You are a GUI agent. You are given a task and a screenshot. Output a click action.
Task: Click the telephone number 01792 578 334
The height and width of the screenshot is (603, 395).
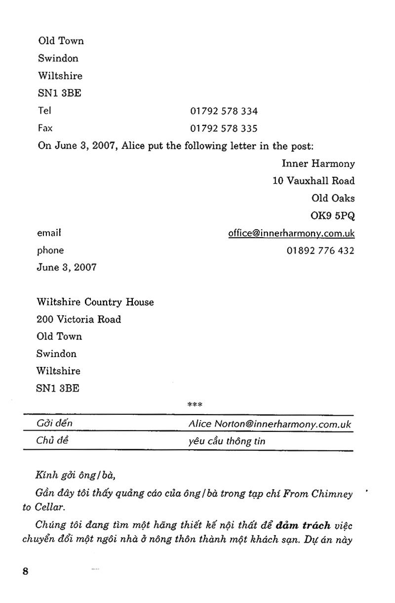point(224,111)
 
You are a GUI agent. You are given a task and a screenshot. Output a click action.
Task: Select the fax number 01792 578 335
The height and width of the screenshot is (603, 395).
point(224,129)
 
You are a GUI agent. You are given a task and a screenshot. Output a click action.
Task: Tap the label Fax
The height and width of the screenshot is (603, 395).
point(45,128)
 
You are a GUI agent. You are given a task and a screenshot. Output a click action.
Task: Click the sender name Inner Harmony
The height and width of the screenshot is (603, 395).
point(318,164)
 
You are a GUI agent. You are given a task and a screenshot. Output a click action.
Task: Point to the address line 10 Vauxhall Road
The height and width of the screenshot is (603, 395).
point(314,181)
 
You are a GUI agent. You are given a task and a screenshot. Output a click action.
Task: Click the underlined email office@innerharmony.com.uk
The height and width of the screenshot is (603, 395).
point(291,233)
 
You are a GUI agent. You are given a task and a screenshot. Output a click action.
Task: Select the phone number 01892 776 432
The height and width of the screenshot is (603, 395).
point(320,251)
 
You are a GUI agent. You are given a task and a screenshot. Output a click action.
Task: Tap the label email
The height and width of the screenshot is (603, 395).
point(49,233)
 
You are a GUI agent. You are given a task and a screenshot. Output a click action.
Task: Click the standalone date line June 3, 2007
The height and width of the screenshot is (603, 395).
point(67,267)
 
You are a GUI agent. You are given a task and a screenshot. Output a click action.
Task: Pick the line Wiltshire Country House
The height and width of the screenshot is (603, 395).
point(95,302)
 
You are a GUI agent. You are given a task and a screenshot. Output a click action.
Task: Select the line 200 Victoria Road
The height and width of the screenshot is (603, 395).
point(79,319)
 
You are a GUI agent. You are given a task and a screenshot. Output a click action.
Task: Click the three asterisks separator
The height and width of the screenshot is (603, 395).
point(195,405)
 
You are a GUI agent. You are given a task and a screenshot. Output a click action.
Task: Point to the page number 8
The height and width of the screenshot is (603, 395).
point(26,571)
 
